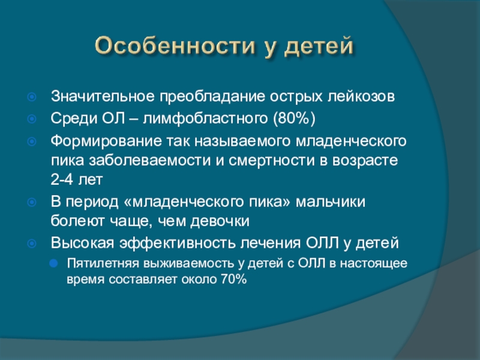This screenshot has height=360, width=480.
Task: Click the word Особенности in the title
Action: click(x=175, y=46)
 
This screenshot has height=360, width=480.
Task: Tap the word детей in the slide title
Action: click(x=319, y=47)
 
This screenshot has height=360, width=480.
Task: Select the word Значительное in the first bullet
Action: click(x=103, y=96)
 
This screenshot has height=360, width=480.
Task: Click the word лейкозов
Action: click(x=361, y=96)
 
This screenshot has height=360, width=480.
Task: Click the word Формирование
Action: click(x=106, y=141)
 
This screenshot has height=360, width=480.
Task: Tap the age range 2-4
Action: click(x=62, y=179)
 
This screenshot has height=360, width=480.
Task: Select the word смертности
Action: click(x=272, y=160)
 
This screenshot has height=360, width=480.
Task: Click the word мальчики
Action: click(x=331, y=202)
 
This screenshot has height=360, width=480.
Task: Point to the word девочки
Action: click(x=220, y=221)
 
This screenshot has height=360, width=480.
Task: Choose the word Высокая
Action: click(x=82, y=243)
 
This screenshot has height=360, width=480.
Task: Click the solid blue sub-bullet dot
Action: click(x=53, y=263)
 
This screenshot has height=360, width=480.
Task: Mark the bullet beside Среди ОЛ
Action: click(x=32, y=119)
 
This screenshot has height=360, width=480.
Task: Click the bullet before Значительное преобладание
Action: click(x=32, y=97)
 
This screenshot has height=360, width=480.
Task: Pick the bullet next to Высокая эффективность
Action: click(x=32, y=244)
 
